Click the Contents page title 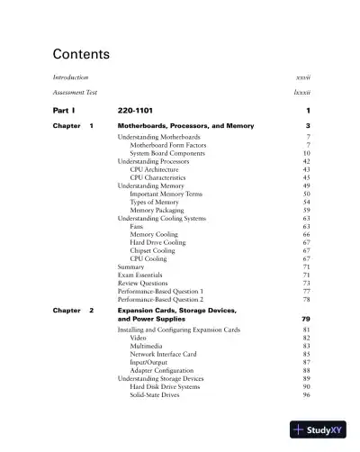tap(81, 55)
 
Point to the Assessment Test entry tap(76, 93)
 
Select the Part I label tap(67, 110)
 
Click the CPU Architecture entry tap(154, 169)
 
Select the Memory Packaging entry tap(159, 210)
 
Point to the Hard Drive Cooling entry tap(158, 242)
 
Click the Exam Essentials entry tap(141, 275)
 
